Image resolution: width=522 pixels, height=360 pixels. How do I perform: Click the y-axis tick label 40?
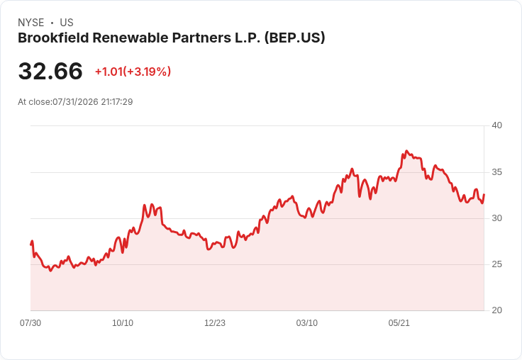496,125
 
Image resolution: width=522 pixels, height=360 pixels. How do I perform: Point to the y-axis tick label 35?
496,172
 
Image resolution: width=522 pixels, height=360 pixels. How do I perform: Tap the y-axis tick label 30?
496,218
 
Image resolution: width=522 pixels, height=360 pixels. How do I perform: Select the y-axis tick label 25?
496,264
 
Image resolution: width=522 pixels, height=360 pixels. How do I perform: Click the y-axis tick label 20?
496,310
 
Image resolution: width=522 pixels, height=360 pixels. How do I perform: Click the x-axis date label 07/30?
30,323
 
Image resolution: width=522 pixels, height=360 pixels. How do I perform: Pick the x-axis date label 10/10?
123,323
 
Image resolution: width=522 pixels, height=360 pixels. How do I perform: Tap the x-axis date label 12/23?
215,323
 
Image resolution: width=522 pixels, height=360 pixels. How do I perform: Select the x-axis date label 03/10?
307,323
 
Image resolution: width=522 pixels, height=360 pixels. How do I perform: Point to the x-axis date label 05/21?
399,323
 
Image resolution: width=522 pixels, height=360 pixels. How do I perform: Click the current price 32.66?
50,71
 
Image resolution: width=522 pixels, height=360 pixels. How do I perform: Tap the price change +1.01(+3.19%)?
133,72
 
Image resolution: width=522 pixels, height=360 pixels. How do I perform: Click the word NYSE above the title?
31,23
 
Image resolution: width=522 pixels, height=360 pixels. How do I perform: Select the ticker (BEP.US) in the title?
294,38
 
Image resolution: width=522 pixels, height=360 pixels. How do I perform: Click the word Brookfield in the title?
53,38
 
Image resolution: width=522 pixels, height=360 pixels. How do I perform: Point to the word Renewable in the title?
130,38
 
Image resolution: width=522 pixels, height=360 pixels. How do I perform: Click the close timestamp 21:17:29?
117,102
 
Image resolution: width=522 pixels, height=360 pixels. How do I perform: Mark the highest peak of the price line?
406,151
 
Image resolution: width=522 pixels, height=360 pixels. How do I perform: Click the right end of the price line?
484,194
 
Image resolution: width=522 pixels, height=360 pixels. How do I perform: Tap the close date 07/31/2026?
76,102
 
